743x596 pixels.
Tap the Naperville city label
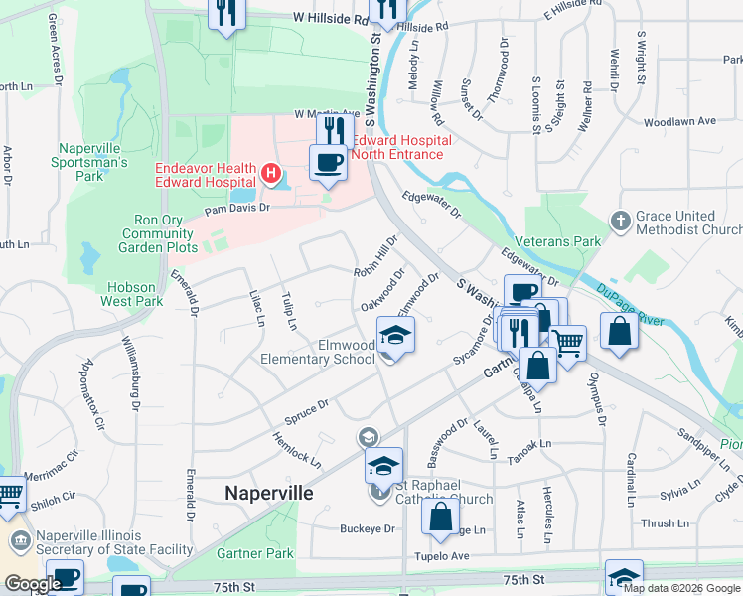(x=268, y=493)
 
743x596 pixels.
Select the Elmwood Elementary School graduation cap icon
(x=395, y=335)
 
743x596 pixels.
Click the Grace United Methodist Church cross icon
(x=621, y=221)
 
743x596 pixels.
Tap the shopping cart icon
(x=567, y=344)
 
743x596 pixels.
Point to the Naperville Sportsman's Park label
(x=93, y=162)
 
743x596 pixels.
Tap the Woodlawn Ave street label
(x=679, y=122)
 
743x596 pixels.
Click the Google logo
(x=33, y=584)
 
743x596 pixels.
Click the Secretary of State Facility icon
(x=20, y=541)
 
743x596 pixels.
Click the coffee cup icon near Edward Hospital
(x=328, y=161)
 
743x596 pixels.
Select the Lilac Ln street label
(x=257, y=307)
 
